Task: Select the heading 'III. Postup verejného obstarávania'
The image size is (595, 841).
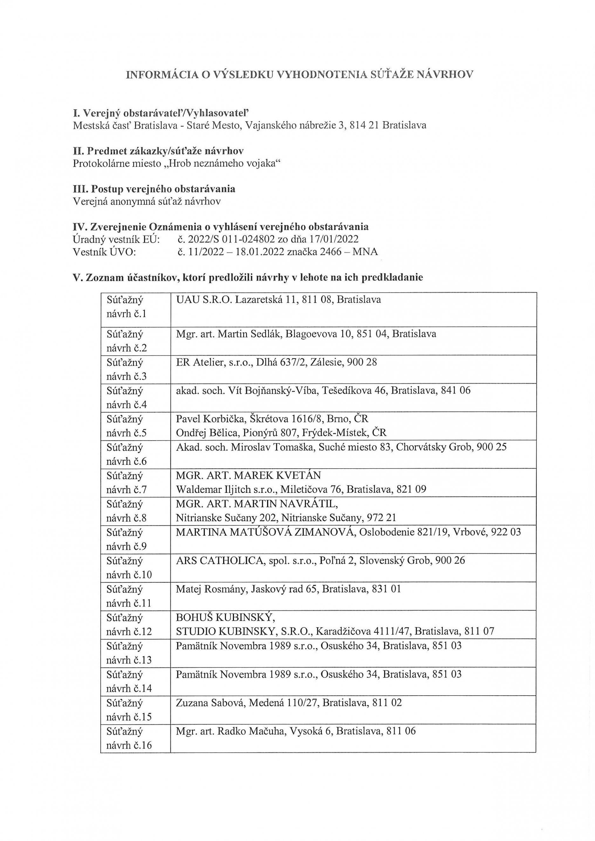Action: click(154, 189)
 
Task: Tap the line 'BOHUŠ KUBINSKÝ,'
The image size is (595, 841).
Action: click(225, 617)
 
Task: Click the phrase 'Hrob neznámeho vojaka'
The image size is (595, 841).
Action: click(223, 163)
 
